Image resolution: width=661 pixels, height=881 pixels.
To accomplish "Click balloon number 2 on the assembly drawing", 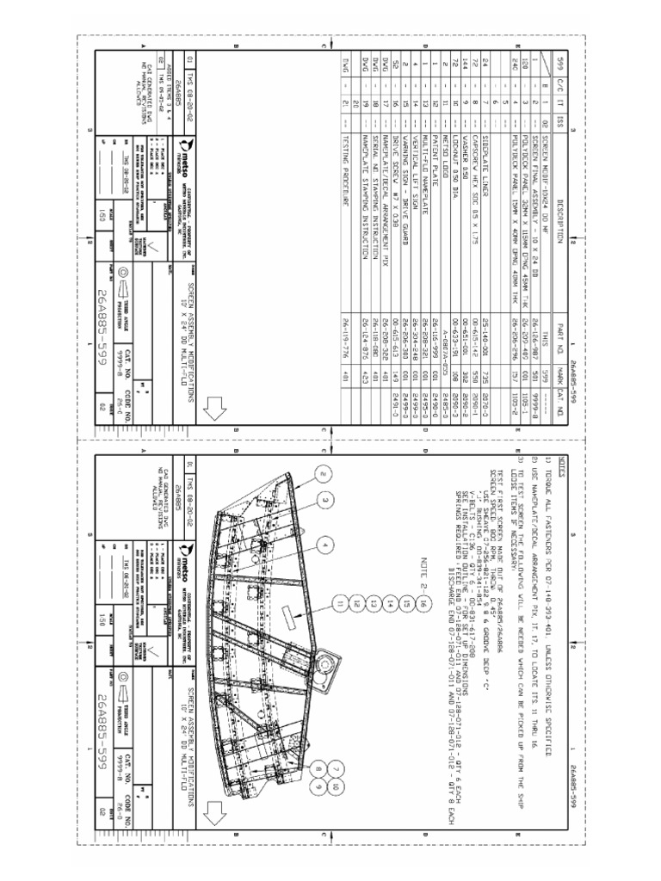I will click(x=320, y=472).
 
